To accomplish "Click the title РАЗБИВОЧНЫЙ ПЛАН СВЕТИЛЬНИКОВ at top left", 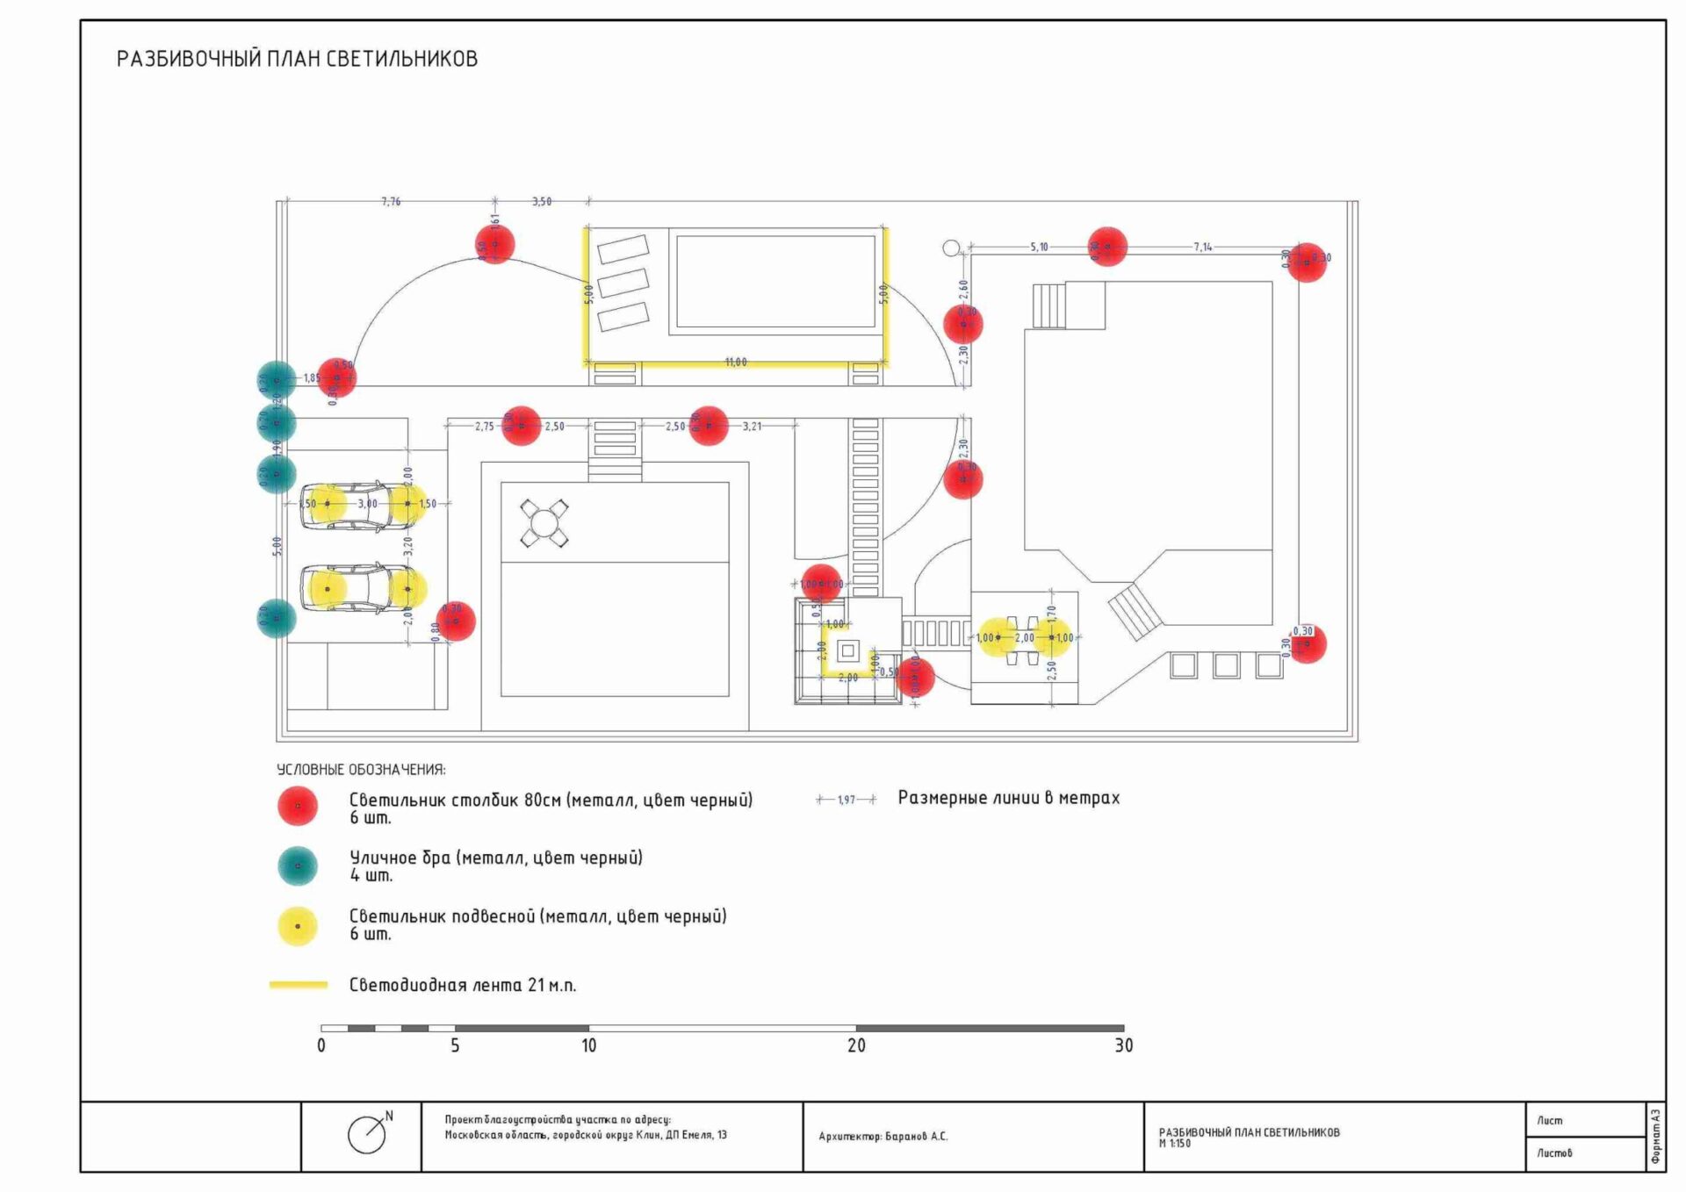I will [297, 59].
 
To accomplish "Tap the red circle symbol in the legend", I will [298, 806].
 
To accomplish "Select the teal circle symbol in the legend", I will [298, 865].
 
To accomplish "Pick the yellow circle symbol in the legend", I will [298, 926].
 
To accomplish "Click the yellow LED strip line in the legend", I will [299, 985].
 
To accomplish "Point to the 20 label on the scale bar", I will [856, 1045].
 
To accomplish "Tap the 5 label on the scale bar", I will [455, 1045].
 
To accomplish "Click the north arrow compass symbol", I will [368, 1134].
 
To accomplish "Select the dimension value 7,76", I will [391, 202].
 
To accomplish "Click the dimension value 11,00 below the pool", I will [736, 363].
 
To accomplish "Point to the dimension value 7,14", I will [1202, 248].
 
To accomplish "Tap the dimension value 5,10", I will [1039, 248].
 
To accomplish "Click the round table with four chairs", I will [544, 524].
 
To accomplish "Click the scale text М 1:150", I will [1175, 1144].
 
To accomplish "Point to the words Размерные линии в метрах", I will [1008, 798].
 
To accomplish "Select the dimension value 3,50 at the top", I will [542, 202].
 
